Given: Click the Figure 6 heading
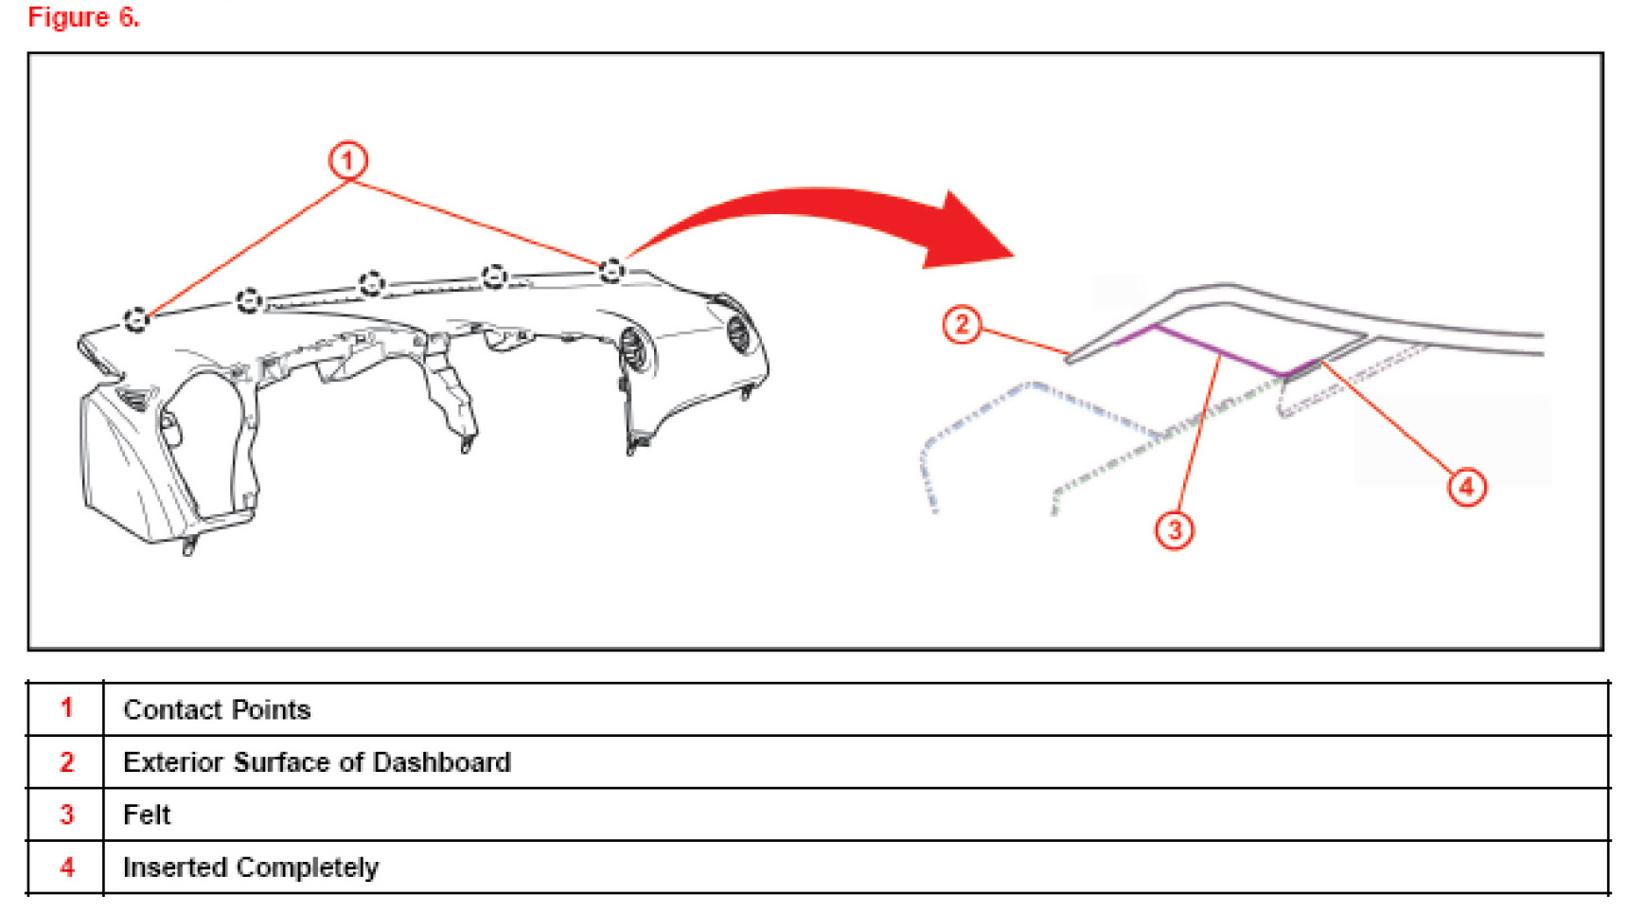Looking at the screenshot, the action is click(83, 17).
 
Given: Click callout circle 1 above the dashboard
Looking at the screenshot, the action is click(347, 160).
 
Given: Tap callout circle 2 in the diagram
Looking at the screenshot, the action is click(962, 325).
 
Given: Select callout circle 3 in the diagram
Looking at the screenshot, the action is click(1174, 529).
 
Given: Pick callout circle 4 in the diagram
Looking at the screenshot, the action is click(1466, 487).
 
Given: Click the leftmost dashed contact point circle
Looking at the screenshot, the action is click(136, 319).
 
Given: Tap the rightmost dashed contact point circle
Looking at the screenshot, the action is click(611, 270).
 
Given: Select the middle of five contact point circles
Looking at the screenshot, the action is click(371, 282).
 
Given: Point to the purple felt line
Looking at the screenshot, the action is click(1221, 353).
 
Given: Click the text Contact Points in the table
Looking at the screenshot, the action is click(217, 709).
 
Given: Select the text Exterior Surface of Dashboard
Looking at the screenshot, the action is click(317, 762).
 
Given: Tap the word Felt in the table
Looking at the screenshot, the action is click(147, 815).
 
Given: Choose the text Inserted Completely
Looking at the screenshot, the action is click(251, 868).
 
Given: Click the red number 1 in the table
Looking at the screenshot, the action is click(66, 707).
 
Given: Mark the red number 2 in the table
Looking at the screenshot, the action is click(66, 761).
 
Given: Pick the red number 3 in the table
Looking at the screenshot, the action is click(66, 815).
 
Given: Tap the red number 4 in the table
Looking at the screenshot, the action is click(66, 867).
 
